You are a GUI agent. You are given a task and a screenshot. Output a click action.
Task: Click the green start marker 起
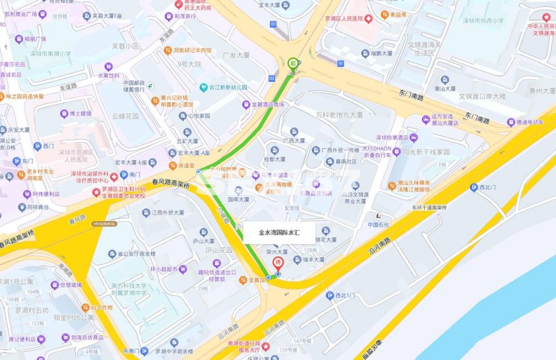coord(292,63)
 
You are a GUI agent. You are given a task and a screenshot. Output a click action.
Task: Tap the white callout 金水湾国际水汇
coord(279,233)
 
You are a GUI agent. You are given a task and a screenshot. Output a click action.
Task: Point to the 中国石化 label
coord(380,225)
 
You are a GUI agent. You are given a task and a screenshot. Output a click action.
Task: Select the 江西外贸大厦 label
coord(171,212)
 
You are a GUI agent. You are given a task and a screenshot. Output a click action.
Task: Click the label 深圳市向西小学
coord(483,21)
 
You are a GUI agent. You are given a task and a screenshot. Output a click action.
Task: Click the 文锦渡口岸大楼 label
coord(482,97)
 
